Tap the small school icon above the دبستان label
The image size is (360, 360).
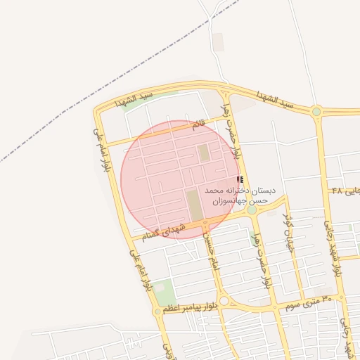(x=240, y=181)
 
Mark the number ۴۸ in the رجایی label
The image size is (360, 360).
(x=337, y=191)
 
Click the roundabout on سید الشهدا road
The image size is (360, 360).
(x=316, y=111)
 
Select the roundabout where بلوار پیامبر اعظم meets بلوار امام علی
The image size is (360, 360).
(x=157, y=311)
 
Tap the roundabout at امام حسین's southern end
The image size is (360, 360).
(x=223, y=301)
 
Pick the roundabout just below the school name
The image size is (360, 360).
(x=252, y=210)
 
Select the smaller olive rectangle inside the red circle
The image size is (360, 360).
(x=204, y=153)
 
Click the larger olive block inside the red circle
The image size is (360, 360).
(x=193, y=202)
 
